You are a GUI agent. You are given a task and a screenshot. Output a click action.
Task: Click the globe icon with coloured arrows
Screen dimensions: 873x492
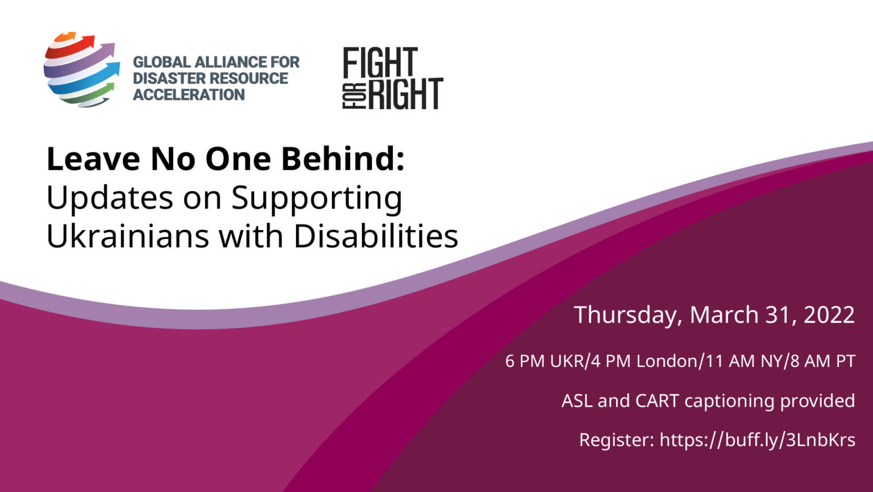coord(82,69)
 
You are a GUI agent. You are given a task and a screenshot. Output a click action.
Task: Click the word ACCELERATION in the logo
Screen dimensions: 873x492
coord(189,95)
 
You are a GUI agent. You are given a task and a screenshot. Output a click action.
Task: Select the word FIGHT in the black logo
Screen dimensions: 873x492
coord(380,62)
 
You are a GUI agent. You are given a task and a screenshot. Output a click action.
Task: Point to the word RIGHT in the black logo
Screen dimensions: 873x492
coord(406,94)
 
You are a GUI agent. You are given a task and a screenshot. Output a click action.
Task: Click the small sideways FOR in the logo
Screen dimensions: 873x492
coord(354,96)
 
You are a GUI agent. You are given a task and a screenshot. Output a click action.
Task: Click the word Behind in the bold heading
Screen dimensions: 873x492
coord(343,159)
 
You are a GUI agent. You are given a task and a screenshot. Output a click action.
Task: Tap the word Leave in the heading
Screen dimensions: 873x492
coord(93,159)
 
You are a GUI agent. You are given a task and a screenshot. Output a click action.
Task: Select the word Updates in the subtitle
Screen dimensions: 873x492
coord(110,199)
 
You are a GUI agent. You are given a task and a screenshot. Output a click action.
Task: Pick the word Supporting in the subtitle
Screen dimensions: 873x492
coord(317,199)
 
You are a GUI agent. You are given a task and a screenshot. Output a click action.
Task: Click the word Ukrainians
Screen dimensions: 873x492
coord(127,236)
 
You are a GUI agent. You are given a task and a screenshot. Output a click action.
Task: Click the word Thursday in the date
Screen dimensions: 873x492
coord(628,315)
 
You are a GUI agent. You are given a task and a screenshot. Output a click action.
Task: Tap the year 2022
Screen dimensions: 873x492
coord(829,314)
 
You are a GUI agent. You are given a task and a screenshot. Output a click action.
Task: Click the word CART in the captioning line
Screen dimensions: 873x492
coord(657,401)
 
